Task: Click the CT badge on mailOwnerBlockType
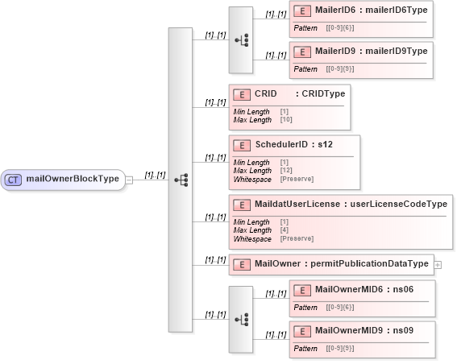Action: [x=14, y=179]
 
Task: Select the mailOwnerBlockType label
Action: [x=72, y=179]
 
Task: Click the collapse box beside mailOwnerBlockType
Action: [x=129, y=180]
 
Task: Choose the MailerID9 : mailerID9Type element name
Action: [x=371, y=52]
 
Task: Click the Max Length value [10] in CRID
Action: [x=286, y=119]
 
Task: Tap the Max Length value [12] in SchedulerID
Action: [x=286, y=171]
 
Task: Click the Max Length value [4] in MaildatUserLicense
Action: [x=285, y=230]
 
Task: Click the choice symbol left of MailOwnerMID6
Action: [x=240, y=319]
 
